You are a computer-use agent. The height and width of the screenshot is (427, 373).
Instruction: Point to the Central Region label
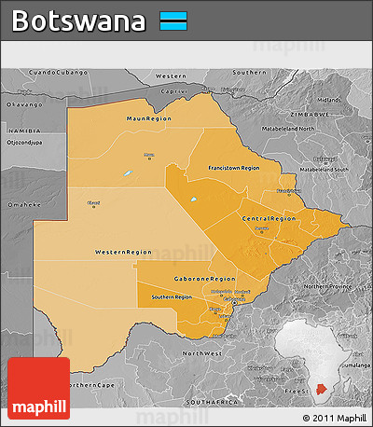click(262, 218)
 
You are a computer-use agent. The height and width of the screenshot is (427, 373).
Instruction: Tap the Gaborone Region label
click(205, 279)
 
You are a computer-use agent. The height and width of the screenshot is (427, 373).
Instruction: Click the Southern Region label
click(171, 296)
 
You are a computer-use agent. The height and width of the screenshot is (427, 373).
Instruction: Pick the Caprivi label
click(174, 91)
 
